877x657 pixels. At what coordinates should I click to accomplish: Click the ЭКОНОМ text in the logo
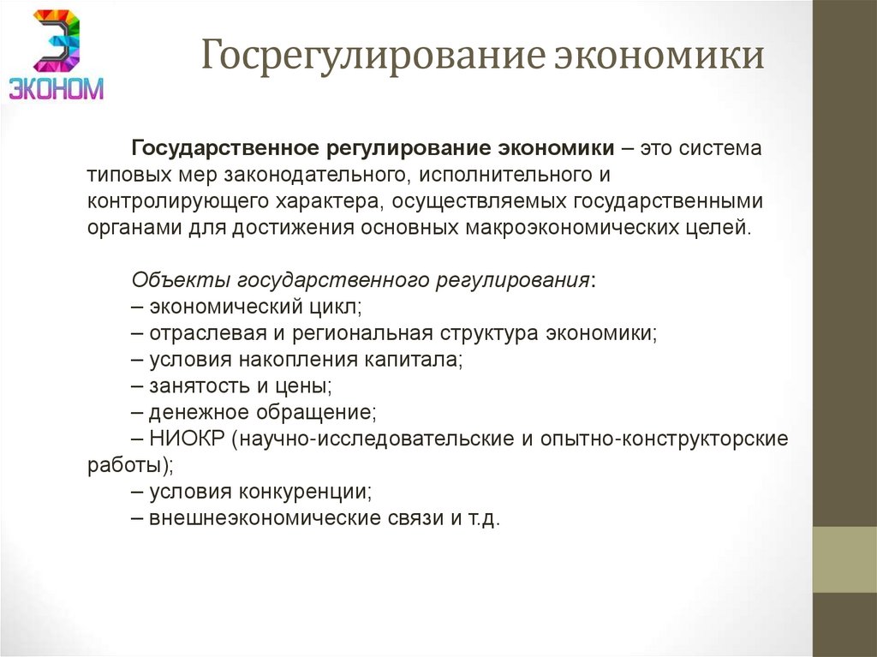(x=57, y=87)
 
